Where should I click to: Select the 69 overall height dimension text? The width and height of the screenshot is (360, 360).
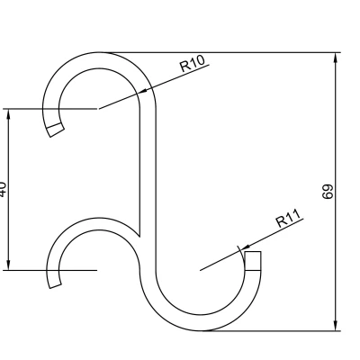(x=328, y=191)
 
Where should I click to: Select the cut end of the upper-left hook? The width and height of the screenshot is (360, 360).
(x=56, y=130)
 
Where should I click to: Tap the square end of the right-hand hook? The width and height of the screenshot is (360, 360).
(x=253, y=260)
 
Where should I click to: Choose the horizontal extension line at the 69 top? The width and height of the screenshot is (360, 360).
(x=225, y=51)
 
